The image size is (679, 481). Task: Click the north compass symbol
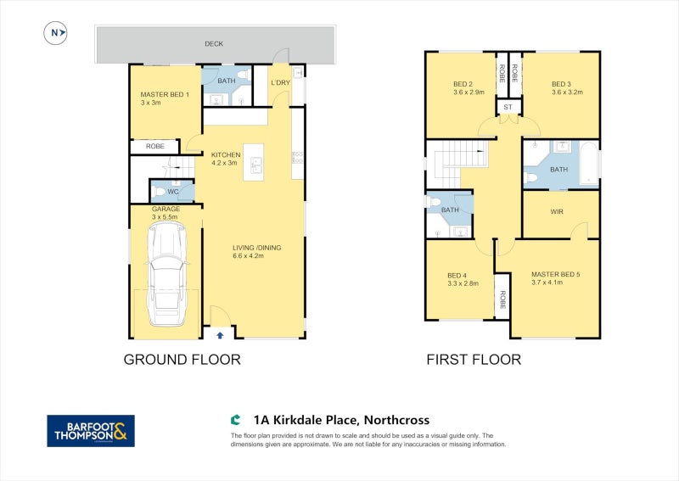point(55,33)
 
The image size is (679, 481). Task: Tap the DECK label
point(214,44)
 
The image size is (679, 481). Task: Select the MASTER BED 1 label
point(165,94)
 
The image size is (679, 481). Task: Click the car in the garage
point(166,274)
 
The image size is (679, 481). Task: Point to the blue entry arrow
point(220,335)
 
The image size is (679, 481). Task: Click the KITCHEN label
point(226,154)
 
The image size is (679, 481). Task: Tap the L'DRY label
point(280,82)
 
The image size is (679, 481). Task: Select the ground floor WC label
point(173,192)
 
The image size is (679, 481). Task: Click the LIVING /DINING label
point(257,248)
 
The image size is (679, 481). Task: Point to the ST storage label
point(508,107)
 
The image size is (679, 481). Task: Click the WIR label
point(557,212)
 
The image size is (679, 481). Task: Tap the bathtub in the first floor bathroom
point(588,164)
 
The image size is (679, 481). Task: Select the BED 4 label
point(457,276)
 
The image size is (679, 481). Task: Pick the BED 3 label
point(561,84)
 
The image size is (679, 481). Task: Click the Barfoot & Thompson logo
point(91,431)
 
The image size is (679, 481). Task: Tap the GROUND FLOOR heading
point(182,360)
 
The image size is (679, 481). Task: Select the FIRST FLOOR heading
point(474,360)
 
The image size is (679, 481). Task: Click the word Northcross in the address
point(396,420)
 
